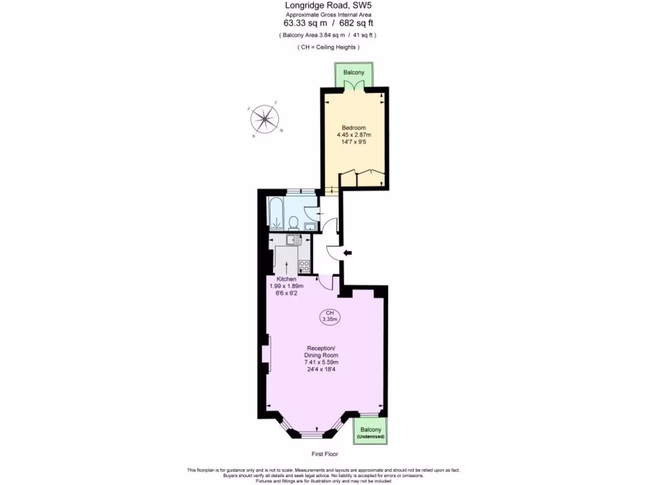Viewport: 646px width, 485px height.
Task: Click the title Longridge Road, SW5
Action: [322, 6]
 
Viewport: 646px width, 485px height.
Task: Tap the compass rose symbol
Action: [266, 119]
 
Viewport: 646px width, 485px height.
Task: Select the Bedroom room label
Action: [353, 128]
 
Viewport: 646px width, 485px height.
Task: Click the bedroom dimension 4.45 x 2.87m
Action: [353, 135]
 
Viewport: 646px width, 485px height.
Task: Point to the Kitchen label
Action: [286, 279]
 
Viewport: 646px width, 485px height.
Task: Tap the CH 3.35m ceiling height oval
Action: [329, 316]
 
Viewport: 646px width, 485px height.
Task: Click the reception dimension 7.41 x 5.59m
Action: [321, 362]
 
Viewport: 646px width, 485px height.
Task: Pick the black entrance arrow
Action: [347, 253]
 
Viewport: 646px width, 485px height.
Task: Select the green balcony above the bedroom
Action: [354, 73]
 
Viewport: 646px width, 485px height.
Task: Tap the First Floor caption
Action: [325, 454]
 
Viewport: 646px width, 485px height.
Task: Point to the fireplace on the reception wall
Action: [266, 357]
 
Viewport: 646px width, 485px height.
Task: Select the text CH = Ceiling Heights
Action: [328, 47]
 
